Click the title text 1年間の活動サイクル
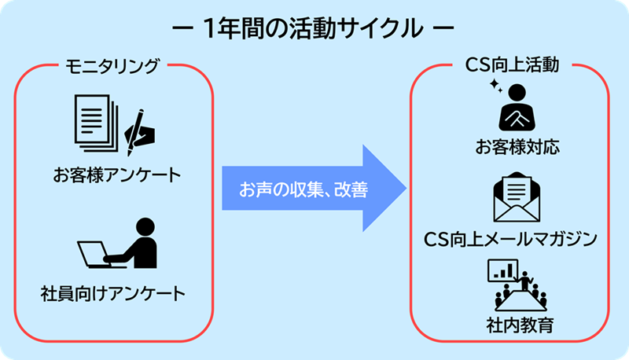pos(314,29)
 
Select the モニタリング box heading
pos(114,66)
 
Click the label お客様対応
pos(512,146)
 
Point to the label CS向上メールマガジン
pos(511,237)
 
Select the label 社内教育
pos(512,323)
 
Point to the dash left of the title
pos(186,29)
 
